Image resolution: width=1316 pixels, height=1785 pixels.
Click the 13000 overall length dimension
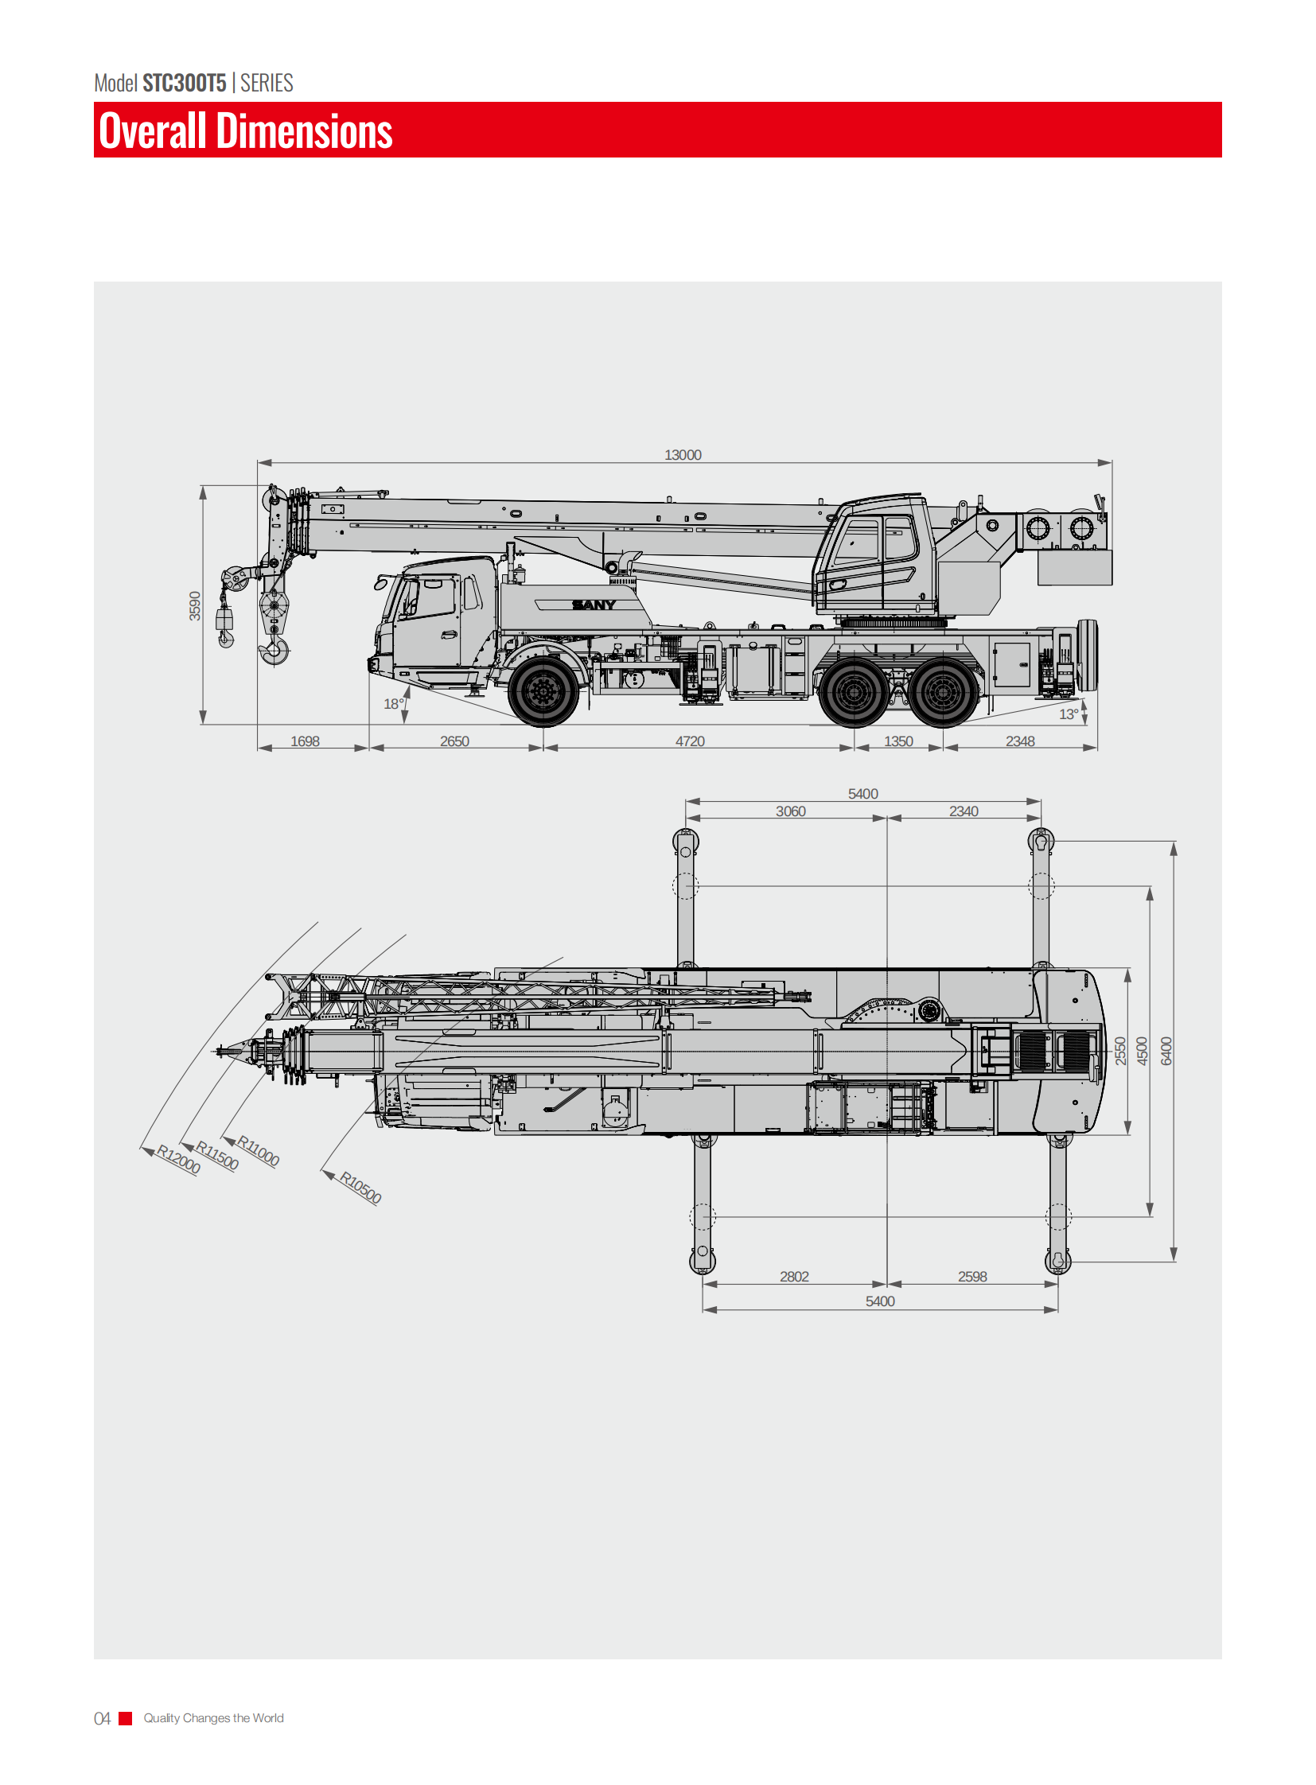(683, 455)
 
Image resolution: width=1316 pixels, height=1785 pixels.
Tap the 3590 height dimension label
(195, 605)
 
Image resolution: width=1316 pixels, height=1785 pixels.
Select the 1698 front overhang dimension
(304, 741)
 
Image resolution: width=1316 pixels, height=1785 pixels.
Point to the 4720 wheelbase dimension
(690, 741)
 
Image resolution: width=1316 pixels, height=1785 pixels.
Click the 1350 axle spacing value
(898, 741)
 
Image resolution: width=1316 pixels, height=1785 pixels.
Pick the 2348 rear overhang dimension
(1020, 741)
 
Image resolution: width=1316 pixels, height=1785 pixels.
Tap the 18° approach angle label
(394, 704)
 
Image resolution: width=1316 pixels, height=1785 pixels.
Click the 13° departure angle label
(1069, 714)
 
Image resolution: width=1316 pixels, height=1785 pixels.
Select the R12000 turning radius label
(178, 1159)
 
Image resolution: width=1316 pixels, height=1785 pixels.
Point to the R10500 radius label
(361, 1187)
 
